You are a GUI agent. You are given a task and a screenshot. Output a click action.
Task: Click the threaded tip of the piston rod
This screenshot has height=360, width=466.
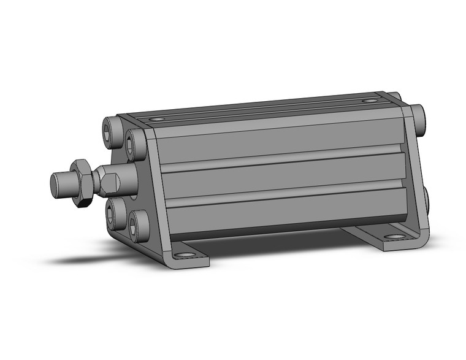pyautogui.click(x=59, y=182)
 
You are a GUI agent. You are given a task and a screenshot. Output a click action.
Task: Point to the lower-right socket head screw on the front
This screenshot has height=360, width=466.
pyautogui.click(x=137, y=224)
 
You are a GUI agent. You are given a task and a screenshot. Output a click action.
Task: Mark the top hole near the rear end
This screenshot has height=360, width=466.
pyautogui.click(x=368, y=101)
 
